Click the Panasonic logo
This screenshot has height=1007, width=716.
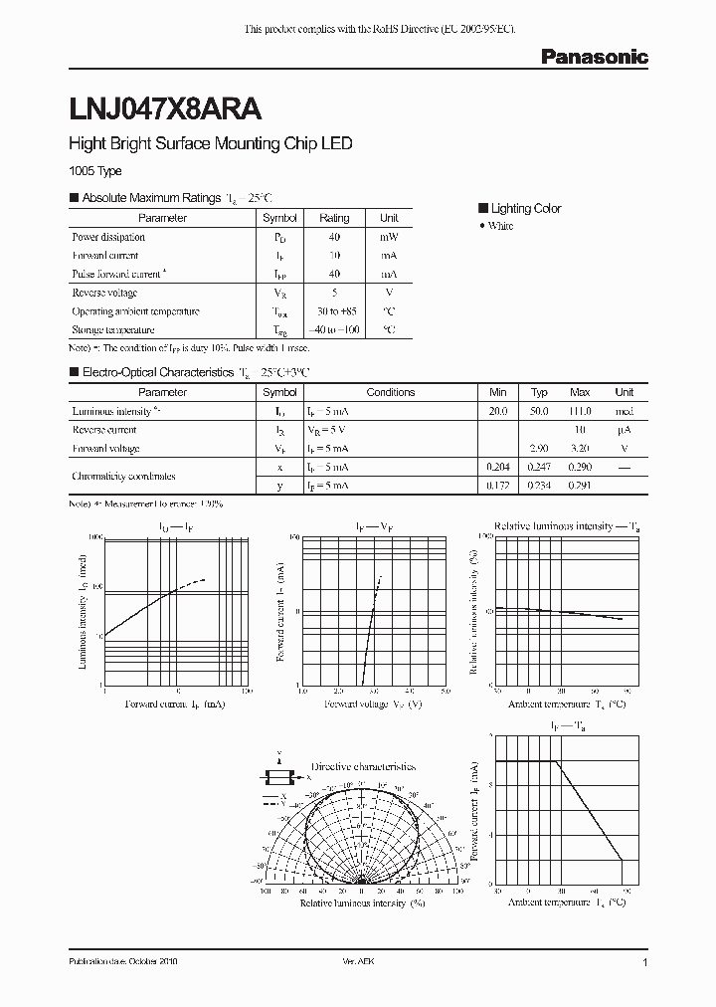click(594, 58)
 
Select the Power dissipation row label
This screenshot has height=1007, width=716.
click(108, 237)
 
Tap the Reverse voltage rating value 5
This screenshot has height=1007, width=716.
click(334, 293)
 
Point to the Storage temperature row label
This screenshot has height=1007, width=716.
click(113, 329)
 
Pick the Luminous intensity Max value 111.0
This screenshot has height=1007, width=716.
click(580, 411)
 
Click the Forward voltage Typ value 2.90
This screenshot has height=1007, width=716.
click(539, 448)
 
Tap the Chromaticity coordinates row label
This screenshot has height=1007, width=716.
click(124, 476)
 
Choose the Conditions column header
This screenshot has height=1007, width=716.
click(391, 392)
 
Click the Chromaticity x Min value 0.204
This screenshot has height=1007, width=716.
click(498, 467)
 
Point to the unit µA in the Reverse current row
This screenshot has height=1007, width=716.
click(624, 430)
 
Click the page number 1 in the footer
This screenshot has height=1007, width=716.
click(645, 963)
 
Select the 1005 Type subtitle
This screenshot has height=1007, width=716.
click(94, 171)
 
